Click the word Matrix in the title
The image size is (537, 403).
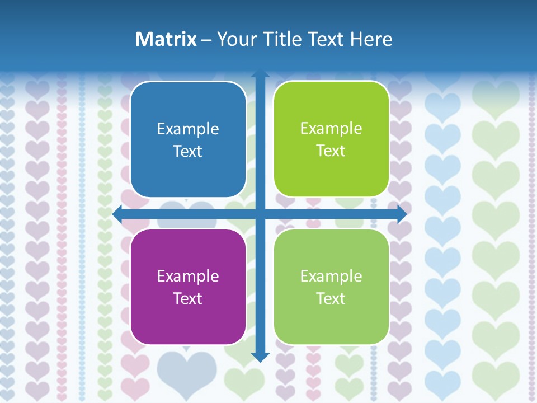pyautogui.click(x=166, y=39)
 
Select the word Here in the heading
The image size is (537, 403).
pyautogui.click(x=371, y=39)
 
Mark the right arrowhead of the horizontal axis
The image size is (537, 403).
pyautogui.click(x=402, y=214)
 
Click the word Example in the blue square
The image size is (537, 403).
pyautogui.click(x=188, y=129)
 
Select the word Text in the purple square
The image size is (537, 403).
pyautogui.click(x=187, y=298)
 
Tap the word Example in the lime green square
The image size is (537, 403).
pyautogui.click(x=331, y=129)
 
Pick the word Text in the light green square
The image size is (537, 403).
pyautogui.click(x=331, y=298)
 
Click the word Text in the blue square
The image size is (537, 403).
pyautogui.click(x=187, y=151)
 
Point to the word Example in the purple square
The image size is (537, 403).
pyautogui.click(x=188, y=276)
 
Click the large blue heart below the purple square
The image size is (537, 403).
pyautogui.click(x=186, y=369)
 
